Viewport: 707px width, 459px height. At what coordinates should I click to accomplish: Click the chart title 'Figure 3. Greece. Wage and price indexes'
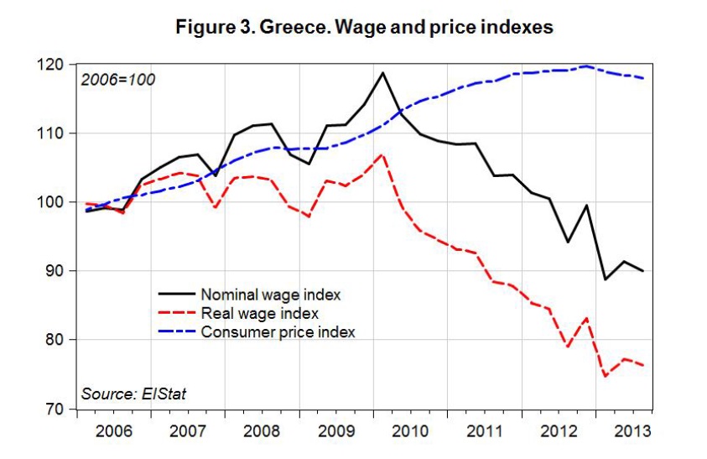pos(363,27)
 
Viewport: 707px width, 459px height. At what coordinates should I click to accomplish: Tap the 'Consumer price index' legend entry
pos(278,331)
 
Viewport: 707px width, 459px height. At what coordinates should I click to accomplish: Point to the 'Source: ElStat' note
pos(133,394)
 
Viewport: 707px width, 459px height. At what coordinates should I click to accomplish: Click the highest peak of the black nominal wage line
pos(382,72)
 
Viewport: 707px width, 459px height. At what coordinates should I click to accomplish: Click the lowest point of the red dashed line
pos(606,376)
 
